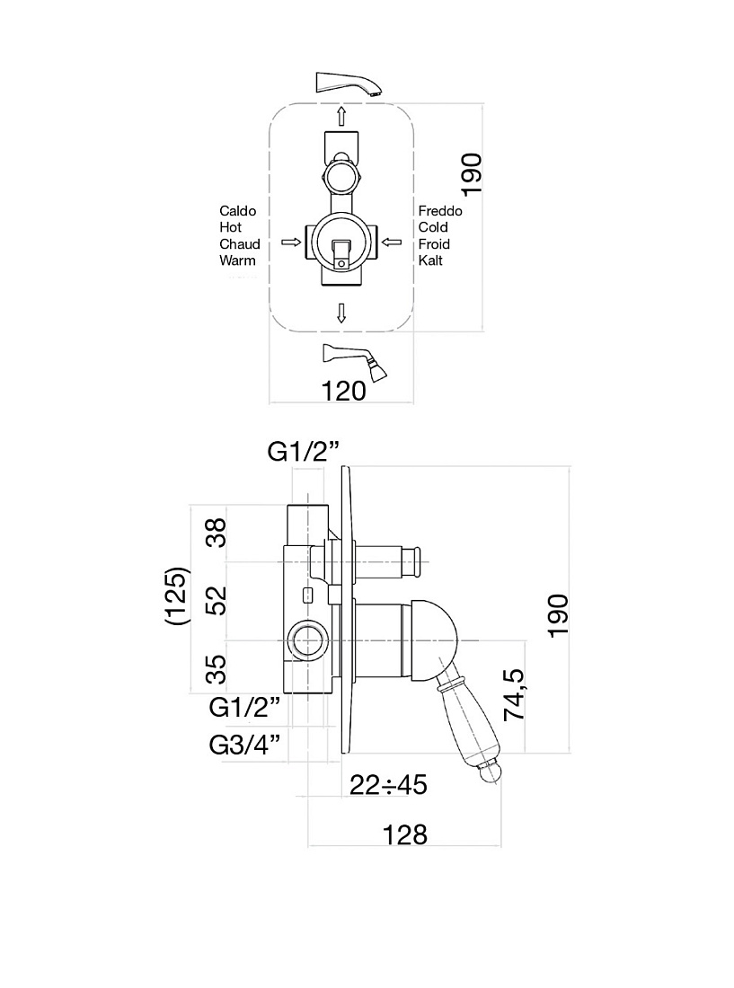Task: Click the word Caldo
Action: [x=237, y=210]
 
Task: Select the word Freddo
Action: [x=439, y=210]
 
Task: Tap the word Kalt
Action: [x=430, y=260]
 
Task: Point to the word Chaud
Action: [x=239, y=243]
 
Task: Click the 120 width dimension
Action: [x=343, y=391]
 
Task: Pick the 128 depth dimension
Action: [x=404, y=834]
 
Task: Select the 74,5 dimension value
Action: [x=514, y=694]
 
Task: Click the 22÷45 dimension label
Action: [x=388, y=784]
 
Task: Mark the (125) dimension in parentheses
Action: [x=176, y=596]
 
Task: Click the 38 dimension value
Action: [x=216, y=533]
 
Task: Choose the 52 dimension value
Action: [x=216, y=601]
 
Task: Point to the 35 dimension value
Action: [x=216, y=669]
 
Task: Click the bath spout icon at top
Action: [x=349, y=84]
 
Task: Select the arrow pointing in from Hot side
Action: [x=290, y=242]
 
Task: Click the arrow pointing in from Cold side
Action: [x=392, y=242]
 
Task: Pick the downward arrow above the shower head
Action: [x=341, y=313]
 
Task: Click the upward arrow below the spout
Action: [x=341, y=116]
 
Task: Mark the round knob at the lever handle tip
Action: [x=491, y=772]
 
